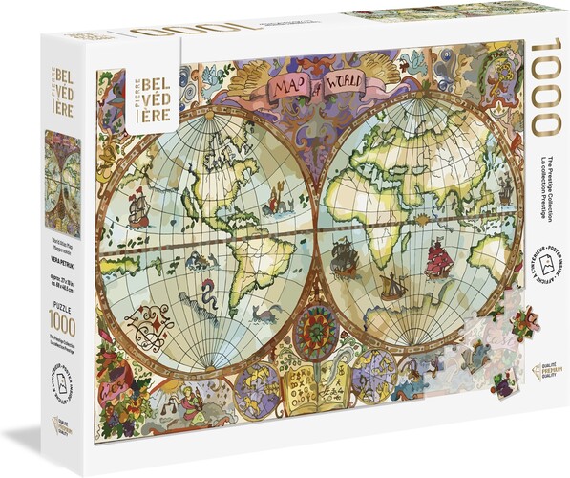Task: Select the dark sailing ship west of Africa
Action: pyautogui.click(x=343, y=253)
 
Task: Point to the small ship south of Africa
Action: pyautogui.click(x=391, y=286)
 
